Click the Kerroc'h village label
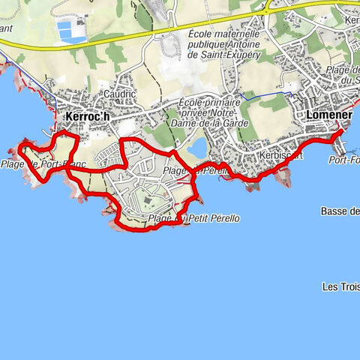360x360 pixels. click(87, 117)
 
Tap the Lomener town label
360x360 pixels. click(331, 115)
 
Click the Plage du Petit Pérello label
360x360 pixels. click(194, 218)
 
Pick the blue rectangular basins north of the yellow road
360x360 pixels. click(71, 31)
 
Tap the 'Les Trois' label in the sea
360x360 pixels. click(340, 286)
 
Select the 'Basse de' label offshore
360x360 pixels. click(340, 211)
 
